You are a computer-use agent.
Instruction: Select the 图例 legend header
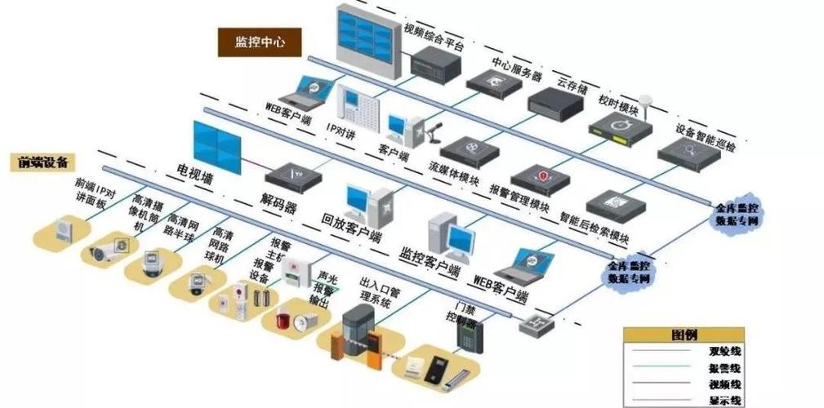(x=684, y=335)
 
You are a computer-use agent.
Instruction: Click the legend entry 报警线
(x=724, y=368)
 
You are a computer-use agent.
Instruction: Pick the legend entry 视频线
(x=724, y=384)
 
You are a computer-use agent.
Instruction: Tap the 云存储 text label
(x=572, y=84)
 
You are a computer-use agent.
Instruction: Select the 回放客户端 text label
(x=352, y=229)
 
